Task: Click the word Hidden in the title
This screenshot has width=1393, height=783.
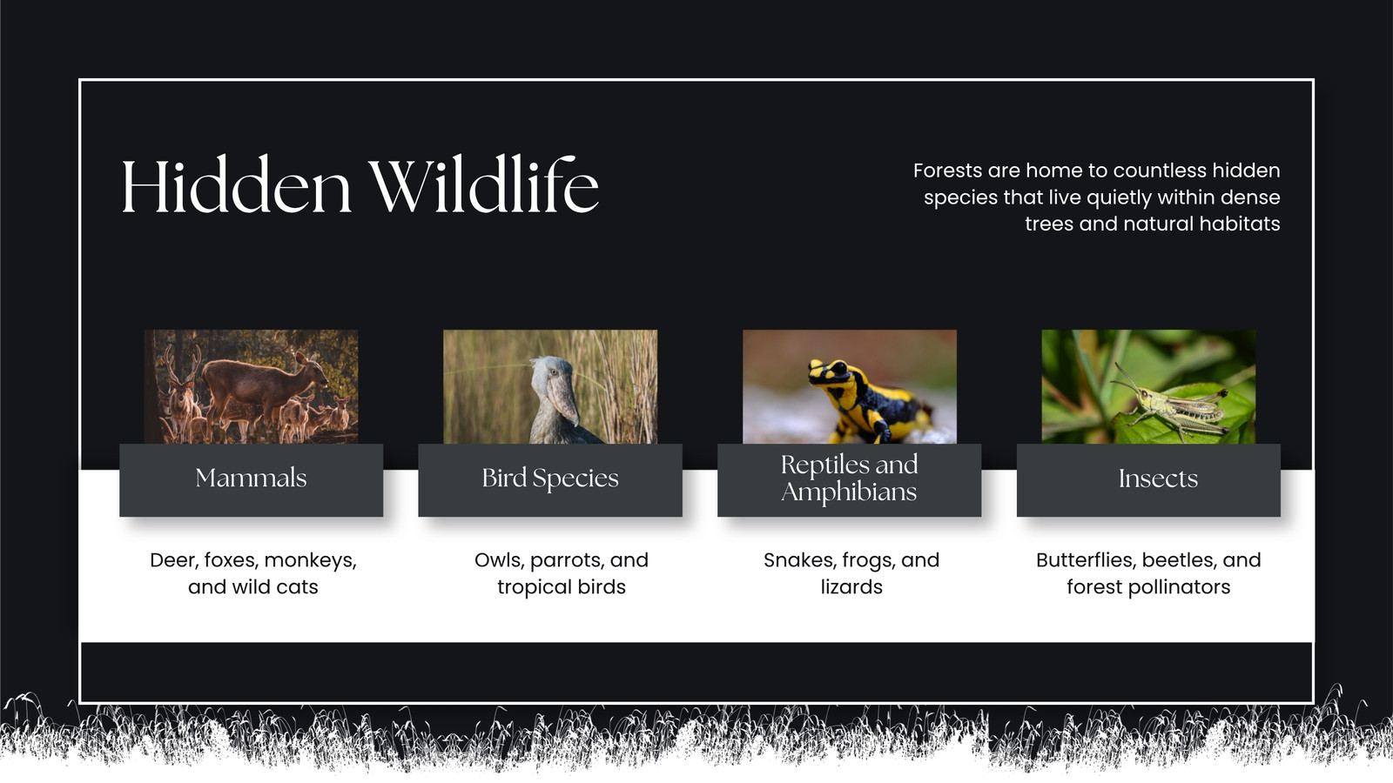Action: [x=236, y=186]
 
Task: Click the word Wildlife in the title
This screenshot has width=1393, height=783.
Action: [x=483, y=185]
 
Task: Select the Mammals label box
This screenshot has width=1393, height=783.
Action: [x=252, y=479]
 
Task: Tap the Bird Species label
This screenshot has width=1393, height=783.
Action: [x=550, y=479]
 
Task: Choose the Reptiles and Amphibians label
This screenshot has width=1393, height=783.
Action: [x=850, y=479]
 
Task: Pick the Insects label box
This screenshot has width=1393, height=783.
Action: [x=1148, y=479]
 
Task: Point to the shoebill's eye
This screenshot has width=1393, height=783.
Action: [x=553, y=372]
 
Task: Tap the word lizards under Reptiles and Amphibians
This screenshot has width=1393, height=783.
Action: [x=851, y=587]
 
